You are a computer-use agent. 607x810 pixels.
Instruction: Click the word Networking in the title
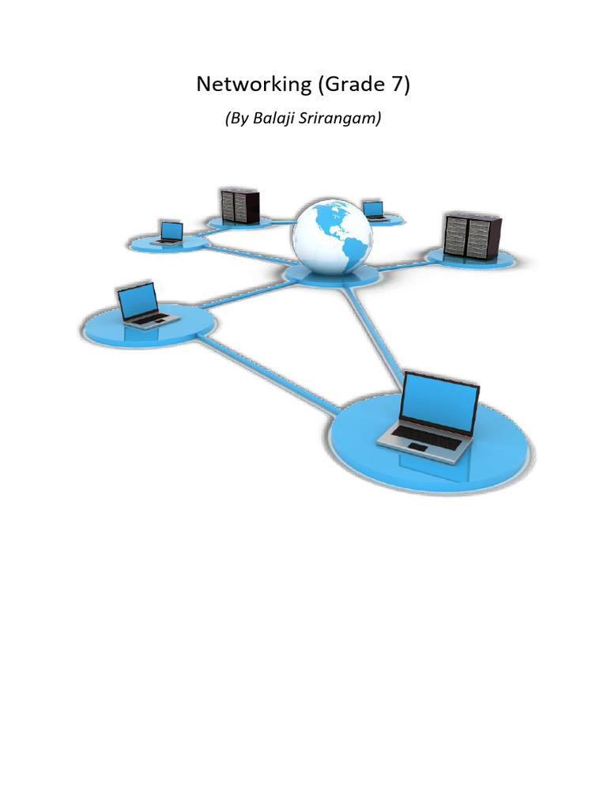243,85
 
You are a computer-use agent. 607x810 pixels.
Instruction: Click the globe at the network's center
331,231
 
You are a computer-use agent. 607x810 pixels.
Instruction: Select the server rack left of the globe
239,205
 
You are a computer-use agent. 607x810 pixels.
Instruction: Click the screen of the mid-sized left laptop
138,300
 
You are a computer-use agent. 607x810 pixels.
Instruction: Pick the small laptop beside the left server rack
171,232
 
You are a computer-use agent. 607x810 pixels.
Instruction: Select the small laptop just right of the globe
373,209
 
